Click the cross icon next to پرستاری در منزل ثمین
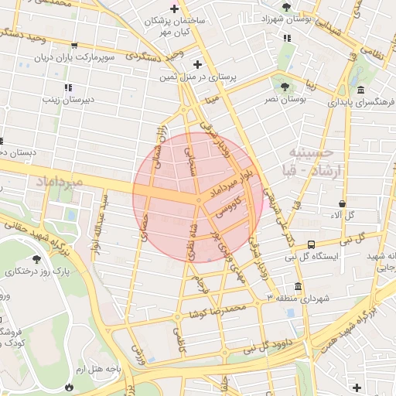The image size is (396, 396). [x=197, y=64]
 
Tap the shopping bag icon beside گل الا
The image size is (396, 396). [x=342, y=203]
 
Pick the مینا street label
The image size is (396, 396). [x=213, y=99]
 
